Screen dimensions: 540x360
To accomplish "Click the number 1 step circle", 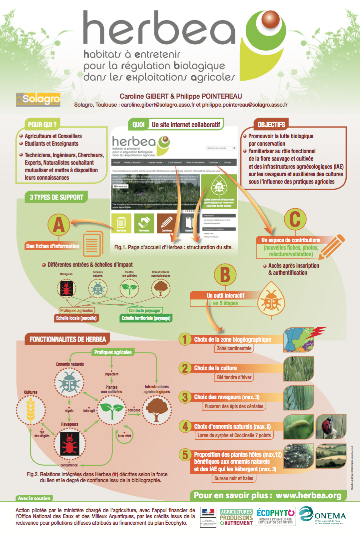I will click(185, 340).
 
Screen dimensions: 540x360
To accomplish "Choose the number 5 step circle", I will click(185, 454).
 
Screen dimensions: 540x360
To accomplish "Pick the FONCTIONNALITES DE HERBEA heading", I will click(68, 339).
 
